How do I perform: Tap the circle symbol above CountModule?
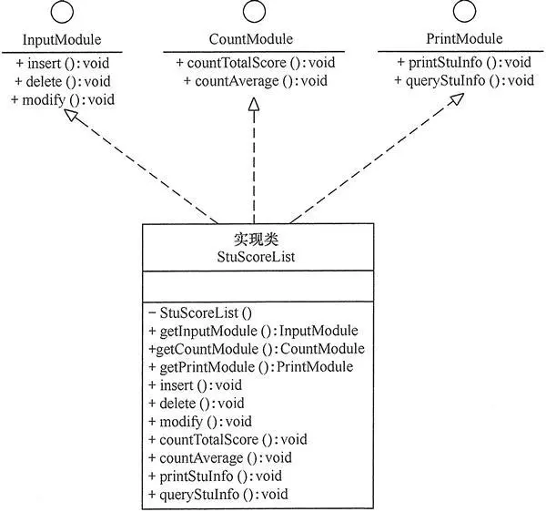click(252, 14)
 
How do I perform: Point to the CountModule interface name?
click(252, 39)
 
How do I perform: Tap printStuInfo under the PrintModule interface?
click(464, 63)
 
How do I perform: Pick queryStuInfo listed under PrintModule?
click(464, 81)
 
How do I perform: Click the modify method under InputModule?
click(63, 99)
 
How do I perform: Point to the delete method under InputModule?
click(60, 81)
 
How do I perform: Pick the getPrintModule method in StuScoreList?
click(250, 367)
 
